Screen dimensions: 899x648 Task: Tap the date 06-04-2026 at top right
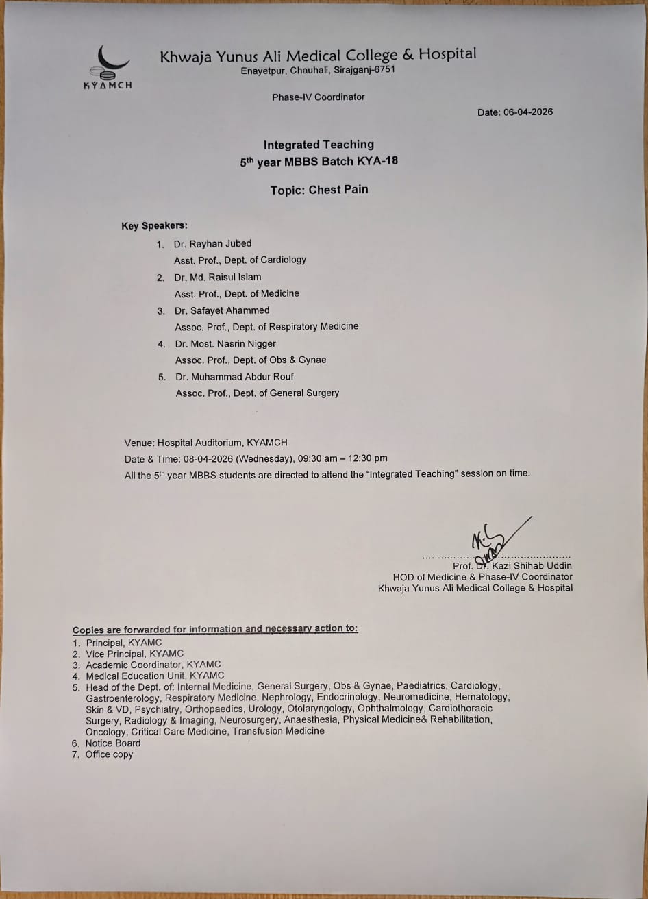[x=528, y=112]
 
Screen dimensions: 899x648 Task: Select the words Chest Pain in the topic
[x=338, y=190]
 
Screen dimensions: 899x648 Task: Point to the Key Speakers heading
[x=154, y=225]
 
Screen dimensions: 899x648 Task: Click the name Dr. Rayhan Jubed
[x=212, y=243]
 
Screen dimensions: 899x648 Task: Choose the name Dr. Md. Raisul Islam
[x=217, y=277]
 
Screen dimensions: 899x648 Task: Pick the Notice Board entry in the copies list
[x=112, y=743]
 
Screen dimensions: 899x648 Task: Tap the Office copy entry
[x=109, y=754]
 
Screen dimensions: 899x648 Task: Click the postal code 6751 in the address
[x=383, y=71]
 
